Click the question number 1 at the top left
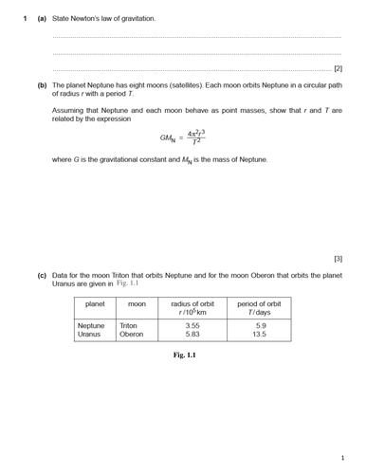[26, 18]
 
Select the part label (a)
[42, 18]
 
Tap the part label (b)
[42, 85]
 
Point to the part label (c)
[42, 275]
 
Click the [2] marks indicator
[338, 68]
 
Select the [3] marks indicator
[338, 258]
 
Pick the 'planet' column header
[95, 304]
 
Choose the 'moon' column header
[137, 304]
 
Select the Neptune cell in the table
[91, 325]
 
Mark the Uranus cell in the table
[90, 335]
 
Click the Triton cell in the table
[129, 325]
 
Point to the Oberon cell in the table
[131, 335]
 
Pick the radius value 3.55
[192, 325]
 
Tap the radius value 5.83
[192, 335]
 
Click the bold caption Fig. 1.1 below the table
[184, 355]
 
